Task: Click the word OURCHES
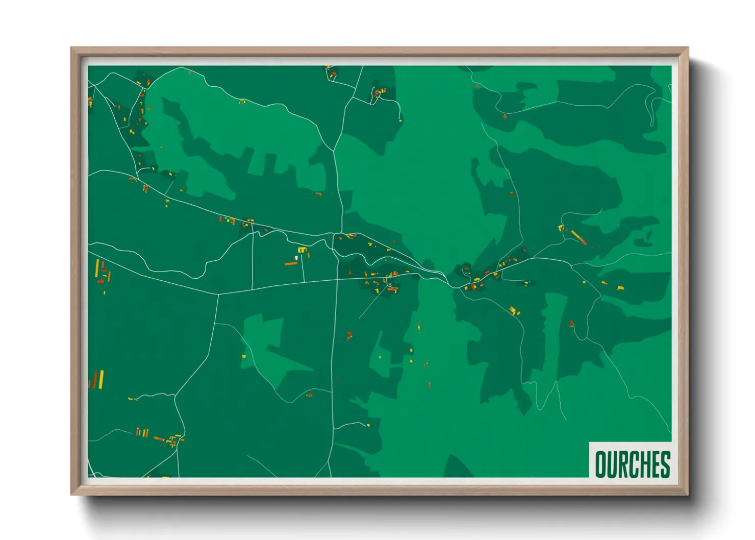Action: (632, 464)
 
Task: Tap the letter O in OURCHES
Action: (600, 464)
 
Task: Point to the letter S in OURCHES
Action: (665, 464)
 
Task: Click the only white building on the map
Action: (296, 258)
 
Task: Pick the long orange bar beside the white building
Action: (291, 264)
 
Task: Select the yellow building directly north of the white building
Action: (302, 250)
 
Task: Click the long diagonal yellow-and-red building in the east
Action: (578, 237)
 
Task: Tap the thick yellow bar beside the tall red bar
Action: (101, 379)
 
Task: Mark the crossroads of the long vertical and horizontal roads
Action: (337, 279)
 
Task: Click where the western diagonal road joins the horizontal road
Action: (218, 294)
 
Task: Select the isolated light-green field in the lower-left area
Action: (263, 339)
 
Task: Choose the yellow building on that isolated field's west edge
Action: (243, 356)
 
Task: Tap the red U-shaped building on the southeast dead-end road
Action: (571, 324)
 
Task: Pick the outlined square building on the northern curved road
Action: (242, 102)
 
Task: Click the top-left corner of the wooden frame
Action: (71, 48)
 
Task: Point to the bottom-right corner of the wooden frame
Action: (688, 495)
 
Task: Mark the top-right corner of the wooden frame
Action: (688, 48)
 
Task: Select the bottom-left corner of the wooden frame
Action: (71, 495)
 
